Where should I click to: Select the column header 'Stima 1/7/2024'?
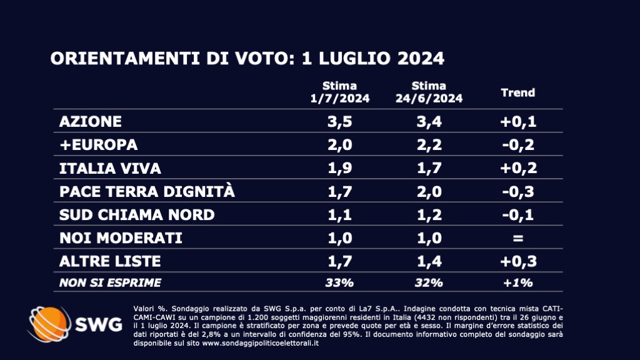339,92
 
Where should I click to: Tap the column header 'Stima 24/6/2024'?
429,92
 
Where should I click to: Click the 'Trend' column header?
518,92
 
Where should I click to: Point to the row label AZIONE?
90,121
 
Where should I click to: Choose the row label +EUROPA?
97,144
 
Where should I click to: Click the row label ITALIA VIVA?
110,168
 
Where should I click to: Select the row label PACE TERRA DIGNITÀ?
147,191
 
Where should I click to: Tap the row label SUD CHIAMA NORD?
136,214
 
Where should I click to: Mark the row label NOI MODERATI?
121,238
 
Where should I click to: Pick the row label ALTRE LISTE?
110,261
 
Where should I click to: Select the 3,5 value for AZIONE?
339,121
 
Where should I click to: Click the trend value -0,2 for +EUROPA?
518,144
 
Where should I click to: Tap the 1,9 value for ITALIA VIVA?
339,168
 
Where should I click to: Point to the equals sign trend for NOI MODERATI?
518,238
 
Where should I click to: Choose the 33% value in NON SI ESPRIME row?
339,282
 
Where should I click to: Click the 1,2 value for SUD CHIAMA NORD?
429,214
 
